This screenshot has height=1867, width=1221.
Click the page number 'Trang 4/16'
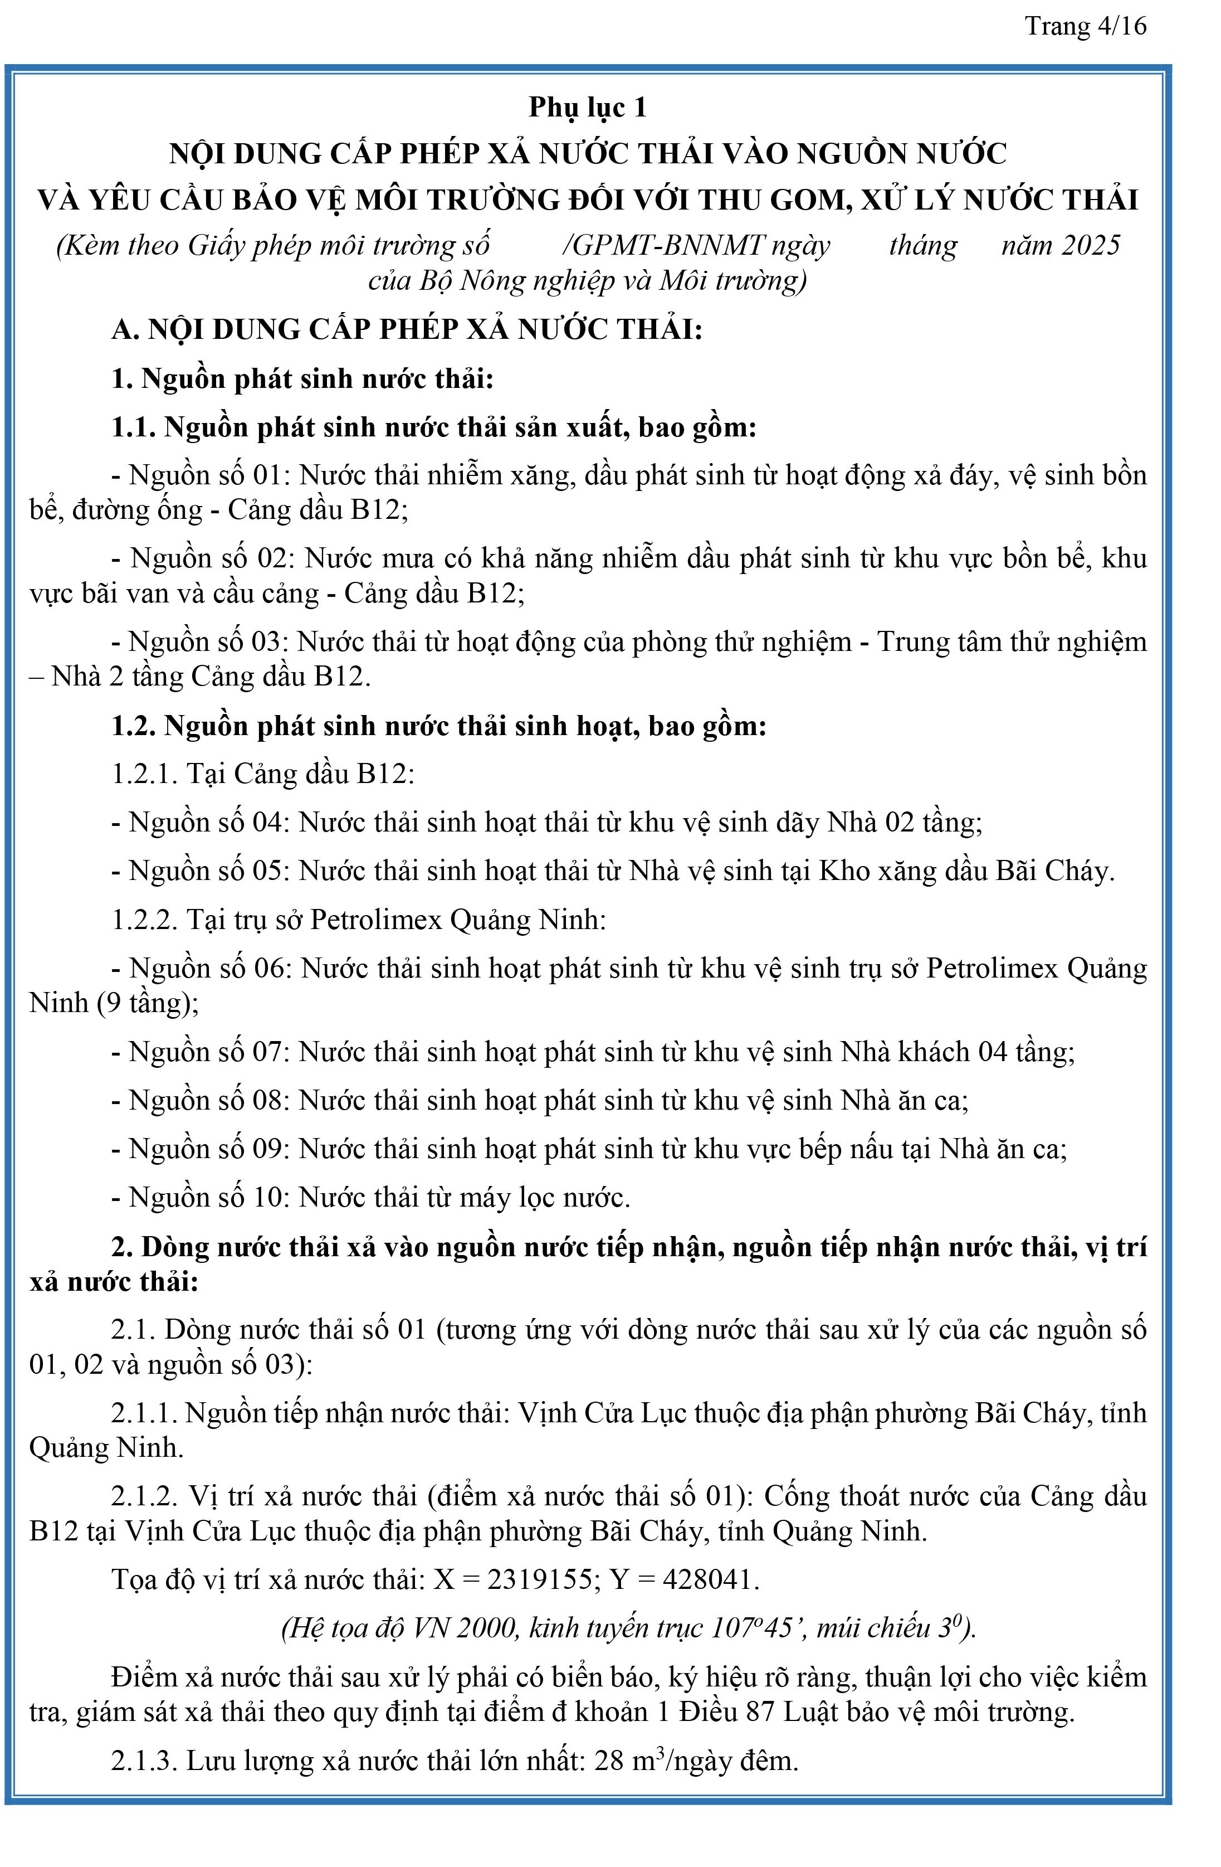[1085, 27]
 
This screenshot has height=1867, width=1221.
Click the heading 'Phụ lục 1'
[587, 108]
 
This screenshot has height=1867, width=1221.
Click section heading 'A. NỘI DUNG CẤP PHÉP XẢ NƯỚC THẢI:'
[406, 329]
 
